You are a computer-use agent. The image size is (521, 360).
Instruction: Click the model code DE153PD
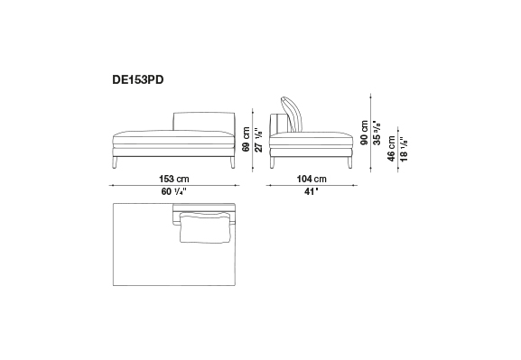pos(138,79)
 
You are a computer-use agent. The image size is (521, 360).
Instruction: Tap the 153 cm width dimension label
pos(173,179)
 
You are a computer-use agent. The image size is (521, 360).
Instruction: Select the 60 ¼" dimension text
pos(173,191)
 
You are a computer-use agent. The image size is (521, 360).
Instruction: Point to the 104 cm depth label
pos(312,179)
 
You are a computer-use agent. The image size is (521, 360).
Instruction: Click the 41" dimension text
pos(312,191)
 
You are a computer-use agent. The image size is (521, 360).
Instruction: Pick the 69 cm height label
pos(247,139)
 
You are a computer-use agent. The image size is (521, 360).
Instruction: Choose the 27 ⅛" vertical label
pos(259,140)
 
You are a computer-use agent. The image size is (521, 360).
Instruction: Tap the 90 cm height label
pos(364,133)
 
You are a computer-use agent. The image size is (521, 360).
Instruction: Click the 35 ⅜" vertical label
pos(377,133)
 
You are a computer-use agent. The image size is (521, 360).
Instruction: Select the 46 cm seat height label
pos(391,149)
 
